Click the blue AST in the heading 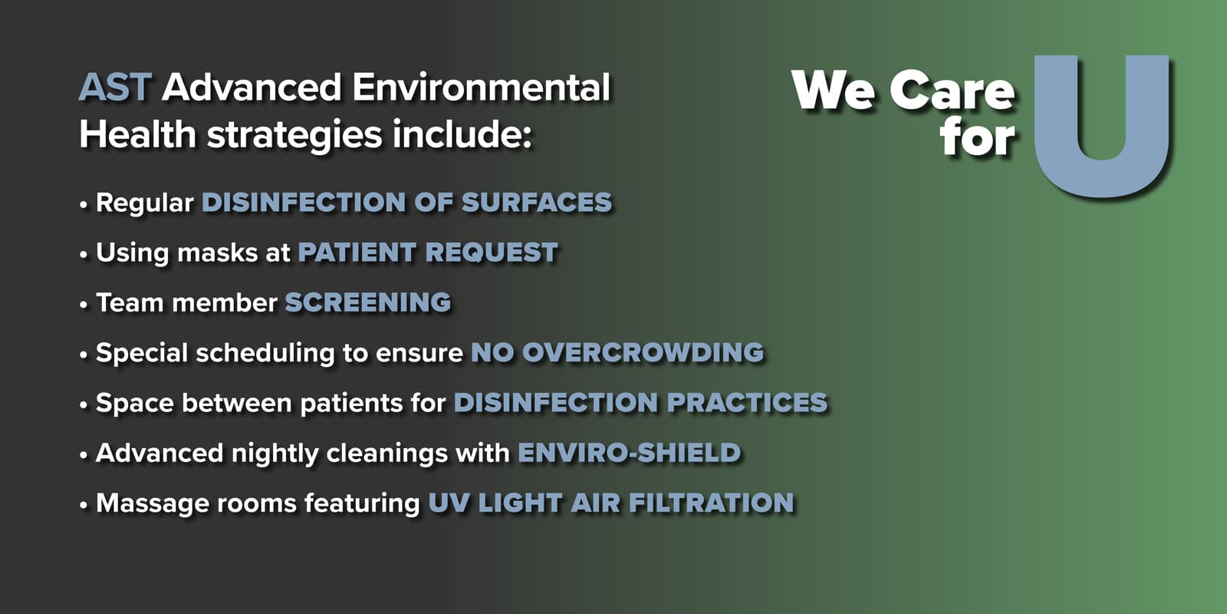(x=115, y=87)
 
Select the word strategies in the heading (x=294, y=135)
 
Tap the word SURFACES (x=537, y=202)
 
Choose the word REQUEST (x=492, y=253)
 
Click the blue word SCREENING (x=368, y=302)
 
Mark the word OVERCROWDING (x=643, y=352)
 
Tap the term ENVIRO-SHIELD (x=630, y=453)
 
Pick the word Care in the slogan (x=952, y=90)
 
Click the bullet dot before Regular (x=84, y=205)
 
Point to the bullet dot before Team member (x=84, y=305)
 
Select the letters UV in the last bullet (x=449, y=503)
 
